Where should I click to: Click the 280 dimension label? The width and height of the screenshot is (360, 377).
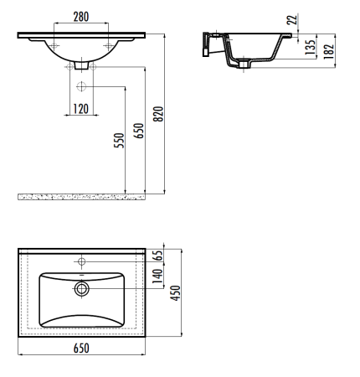[x=81, y=17]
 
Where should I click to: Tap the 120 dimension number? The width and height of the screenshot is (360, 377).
[x=81, y=109]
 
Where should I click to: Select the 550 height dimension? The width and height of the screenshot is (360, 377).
[x=119, y=141]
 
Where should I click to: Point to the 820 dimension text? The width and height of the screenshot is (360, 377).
[x=158, y=114]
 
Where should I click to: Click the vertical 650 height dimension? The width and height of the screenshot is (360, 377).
[x=138, y=131]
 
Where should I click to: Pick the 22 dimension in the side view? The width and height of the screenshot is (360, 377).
[x=292, y=20]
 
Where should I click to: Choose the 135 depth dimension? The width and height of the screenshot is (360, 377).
[x=310, y=47]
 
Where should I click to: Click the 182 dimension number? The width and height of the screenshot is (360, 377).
[x=329, y=51]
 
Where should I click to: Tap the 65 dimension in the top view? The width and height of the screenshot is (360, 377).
[x=158, y=256]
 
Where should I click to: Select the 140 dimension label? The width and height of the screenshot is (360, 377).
[x=158, y=276]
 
